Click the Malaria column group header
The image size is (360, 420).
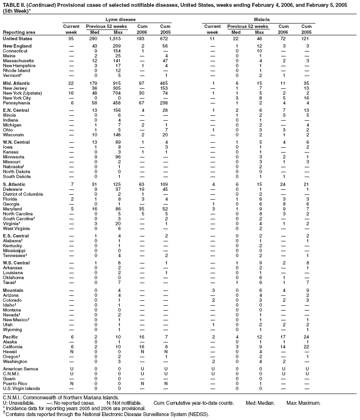tap(260, 18)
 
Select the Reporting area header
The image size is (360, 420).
tap(19, 32)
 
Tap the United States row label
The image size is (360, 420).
tap(18, 38)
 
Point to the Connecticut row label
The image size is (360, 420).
tap(15, 51)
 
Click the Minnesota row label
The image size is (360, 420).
tap(14, 156)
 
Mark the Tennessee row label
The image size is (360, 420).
tap(15, 256)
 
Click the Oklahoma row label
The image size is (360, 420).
tap(14, 277)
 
